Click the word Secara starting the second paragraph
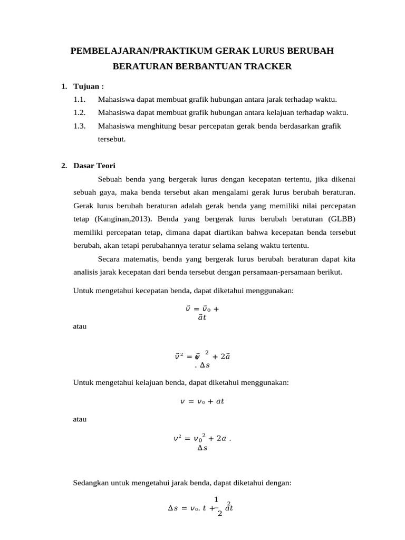(110, 259)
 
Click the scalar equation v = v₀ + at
(202, 401)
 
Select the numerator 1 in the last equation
(216, 500)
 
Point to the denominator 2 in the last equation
(219, 514)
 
